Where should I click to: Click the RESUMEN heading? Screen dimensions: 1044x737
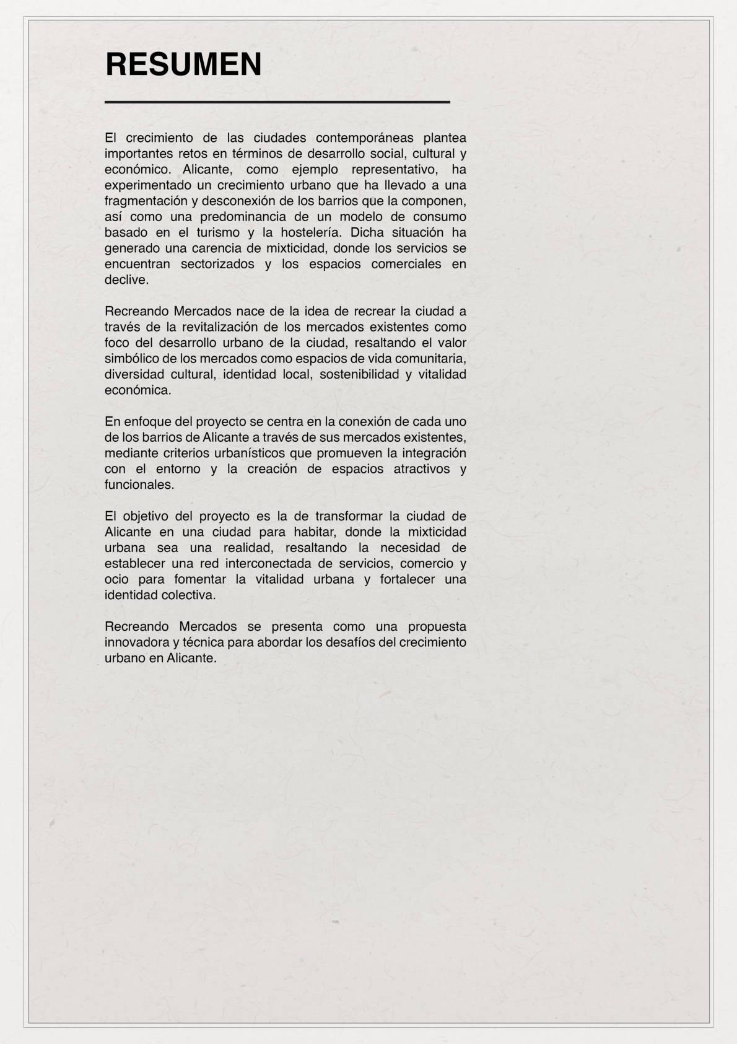click(x=183, y=64)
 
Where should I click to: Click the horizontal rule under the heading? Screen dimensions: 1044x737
click(x=277, y=102)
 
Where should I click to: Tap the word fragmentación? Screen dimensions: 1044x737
click(x=146, y=201)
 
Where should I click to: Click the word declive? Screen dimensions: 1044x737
click(x=127, y=279)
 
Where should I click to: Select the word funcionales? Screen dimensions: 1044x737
click(x=139, y=485)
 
